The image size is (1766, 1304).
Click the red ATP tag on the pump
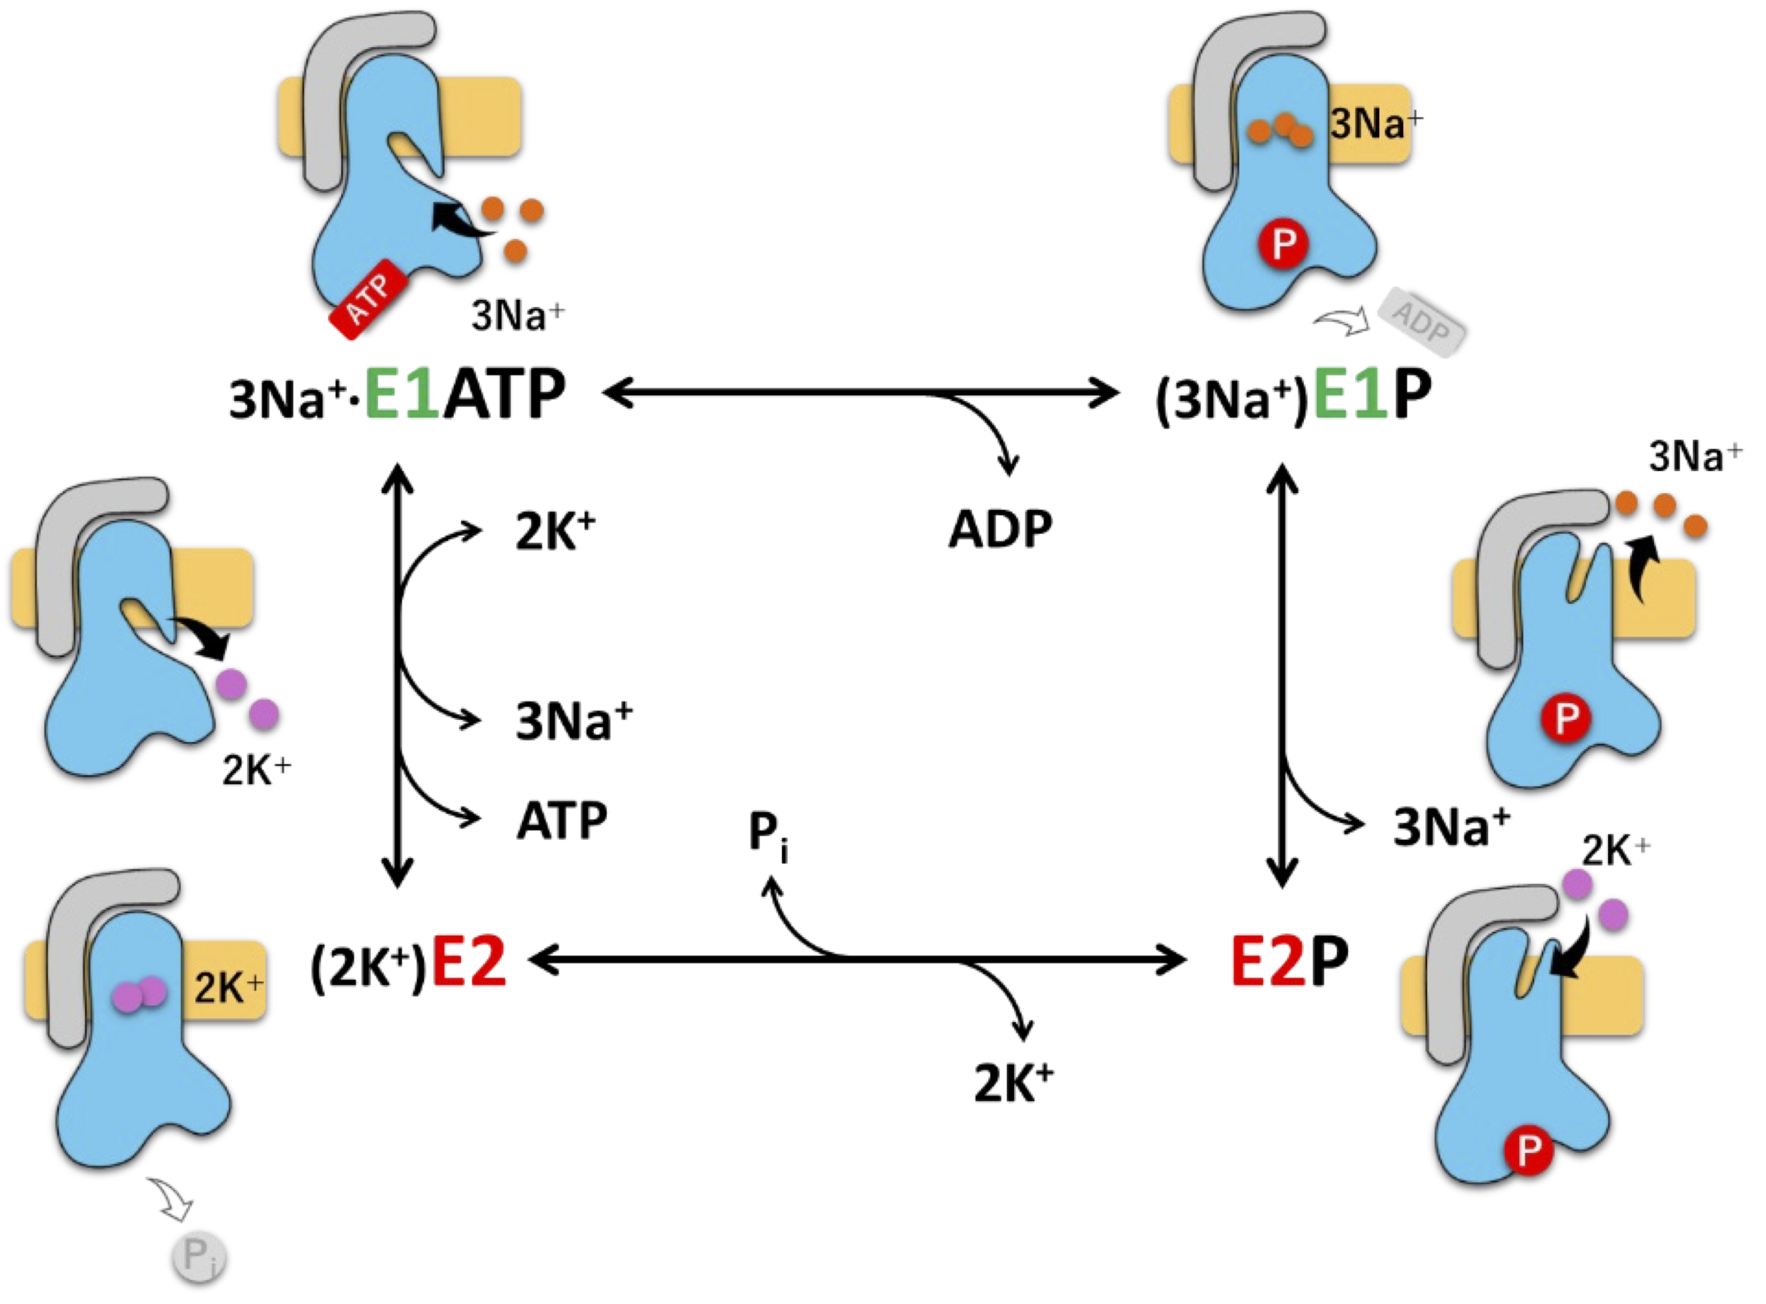[x=368, y=299]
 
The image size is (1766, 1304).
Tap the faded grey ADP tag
[x=1422, y=321]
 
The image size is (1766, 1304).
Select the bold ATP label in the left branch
[x=562, y=821]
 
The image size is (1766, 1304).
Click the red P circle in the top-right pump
[x=1284, y=244]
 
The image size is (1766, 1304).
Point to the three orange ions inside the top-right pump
[x=1280, y=130]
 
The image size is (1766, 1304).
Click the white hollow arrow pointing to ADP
[x=1342, y=321]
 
